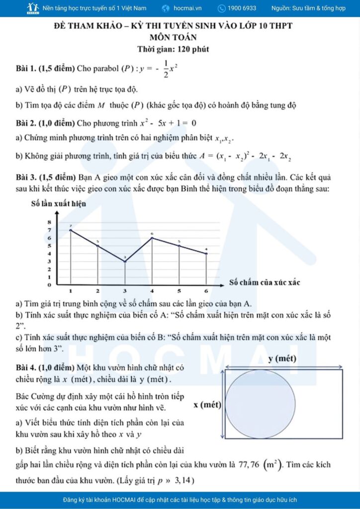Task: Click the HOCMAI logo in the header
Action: tap(33, 8)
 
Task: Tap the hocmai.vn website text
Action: tap(191, 8)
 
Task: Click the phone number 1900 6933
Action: tap(242, 8)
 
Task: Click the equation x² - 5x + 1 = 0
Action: tap(168, 123)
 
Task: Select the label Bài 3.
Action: tap(26, 177)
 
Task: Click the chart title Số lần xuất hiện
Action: tap(58, 203)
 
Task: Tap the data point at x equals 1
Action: tap(71, 230)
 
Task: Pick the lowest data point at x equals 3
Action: tap(125, 261)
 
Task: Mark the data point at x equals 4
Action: tap(152, 238)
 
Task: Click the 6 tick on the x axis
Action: tap(206, 291)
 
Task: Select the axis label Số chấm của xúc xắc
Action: tap(265, 282)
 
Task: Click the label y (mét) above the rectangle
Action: tap(283, 358)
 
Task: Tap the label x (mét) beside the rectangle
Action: tap(207, 405)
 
